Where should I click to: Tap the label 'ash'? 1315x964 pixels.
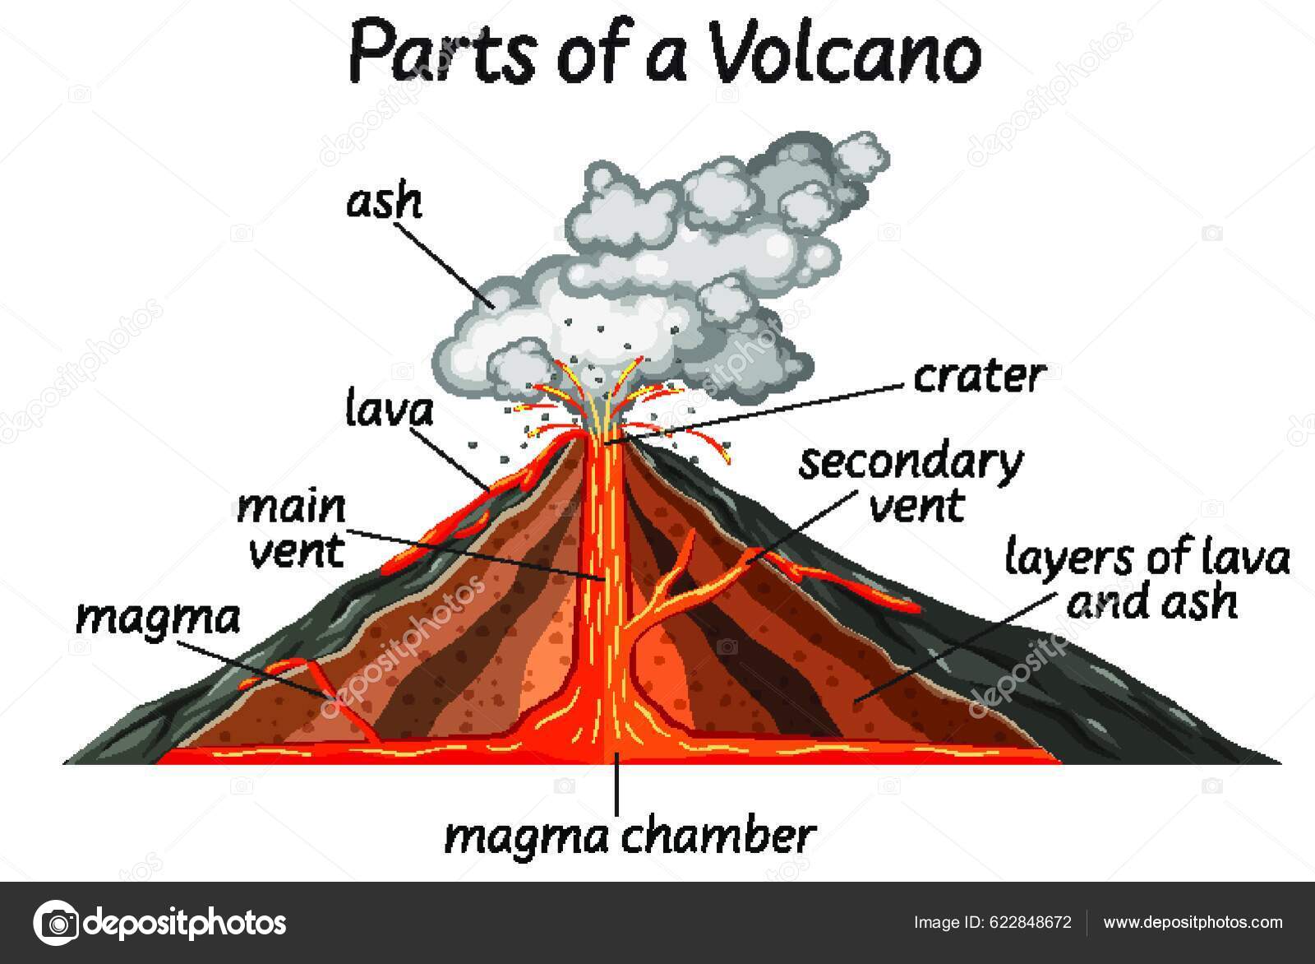pos(384,202)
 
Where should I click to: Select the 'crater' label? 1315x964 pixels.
pos(979,377)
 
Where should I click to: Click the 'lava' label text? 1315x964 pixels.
pos(389,409)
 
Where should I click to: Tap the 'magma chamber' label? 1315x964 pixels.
pos(630,836)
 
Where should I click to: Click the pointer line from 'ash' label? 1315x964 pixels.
pos(449,265)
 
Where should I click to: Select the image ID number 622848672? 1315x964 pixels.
pos(1031,922)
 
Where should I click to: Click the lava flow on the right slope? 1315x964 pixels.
pos(847,586)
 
